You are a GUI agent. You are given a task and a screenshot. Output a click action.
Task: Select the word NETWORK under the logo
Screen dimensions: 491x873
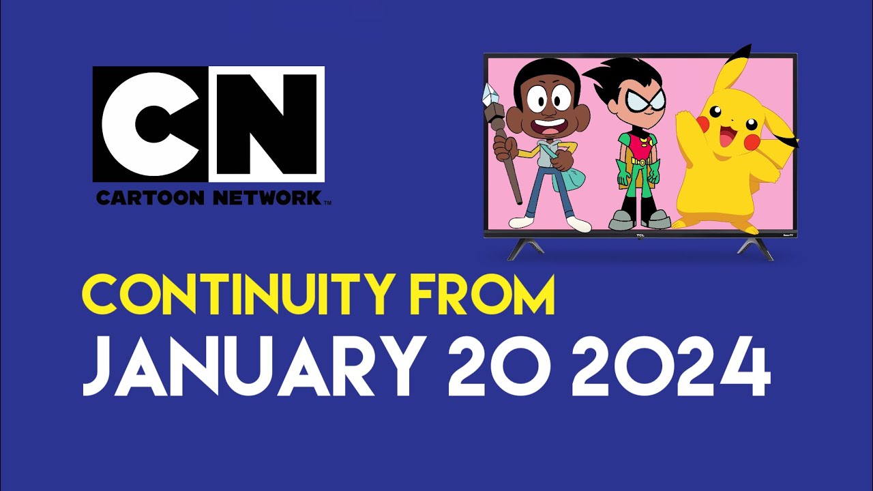267,198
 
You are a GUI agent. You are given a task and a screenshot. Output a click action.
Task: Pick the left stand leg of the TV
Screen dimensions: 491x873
524,248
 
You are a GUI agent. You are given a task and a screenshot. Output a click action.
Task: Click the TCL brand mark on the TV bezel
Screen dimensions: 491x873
640,235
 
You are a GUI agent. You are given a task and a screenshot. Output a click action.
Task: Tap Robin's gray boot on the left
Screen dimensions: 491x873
621,220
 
